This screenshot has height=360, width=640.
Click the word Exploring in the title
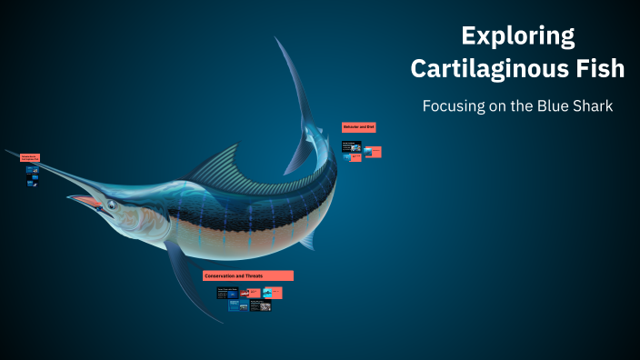pos(517,36)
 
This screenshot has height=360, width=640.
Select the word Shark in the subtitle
pos(591,106)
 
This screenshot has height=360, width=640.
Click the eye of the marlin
pos(112,205)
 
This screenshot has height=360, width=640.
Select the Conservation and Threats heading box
pos(248,275)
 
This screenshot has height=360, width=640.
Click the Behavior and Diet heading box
pos(358,127)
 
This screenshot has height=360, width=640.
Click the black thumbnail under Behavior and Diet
pos(351,145)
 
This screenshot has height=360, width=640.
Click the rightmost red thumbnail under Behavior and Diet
pos(373,151)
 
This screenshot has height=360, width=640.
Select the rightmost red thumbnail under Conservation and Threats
pos(272,293)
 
